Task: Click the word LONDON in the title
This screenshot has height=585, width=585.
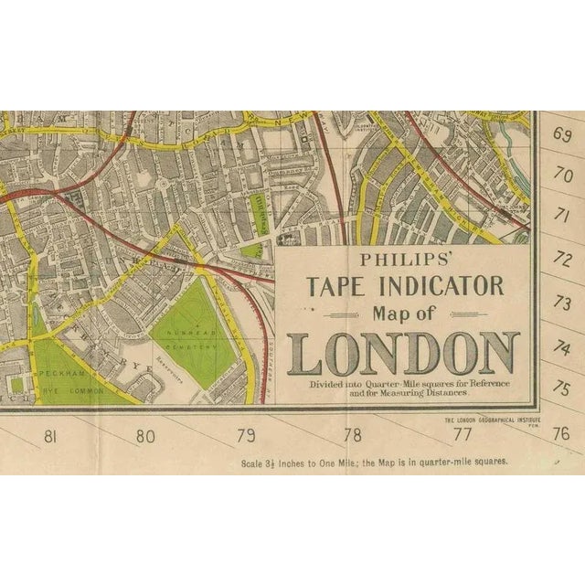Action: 403,355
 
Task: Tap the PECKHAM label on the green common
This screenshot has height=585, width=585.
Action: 62,376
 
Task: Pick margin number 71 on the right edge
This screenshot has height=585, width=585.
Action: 562,217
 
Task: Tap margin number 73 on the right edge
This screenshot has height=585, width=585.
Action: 562,303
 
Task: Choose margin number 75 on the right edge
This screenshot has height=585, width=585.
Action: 562,388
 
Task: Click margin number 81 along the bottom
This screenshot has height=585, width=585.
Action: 49,436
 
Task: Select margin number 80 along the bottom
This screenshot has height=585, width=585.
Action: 145,436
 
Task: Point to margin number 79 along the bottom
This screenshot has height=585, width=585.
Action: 246,436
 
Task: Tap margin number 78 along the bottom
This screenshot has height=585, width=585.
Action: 352,436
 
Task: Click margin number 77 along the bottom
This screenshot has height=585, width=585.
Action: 463,436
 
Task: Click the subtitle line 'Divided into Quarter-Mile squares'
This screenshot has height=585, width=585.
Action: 402,385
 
